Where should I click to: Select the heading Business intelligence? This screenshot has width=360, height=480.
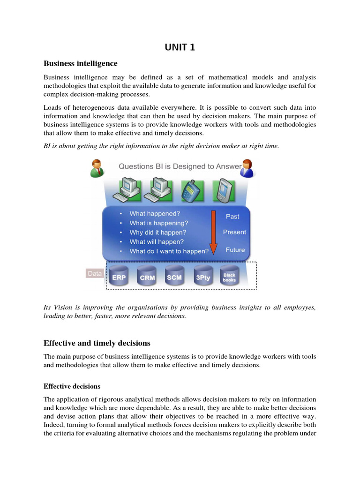click(80, 63)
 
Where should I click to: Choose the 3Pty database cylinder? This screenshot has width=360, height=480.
click(203, 277)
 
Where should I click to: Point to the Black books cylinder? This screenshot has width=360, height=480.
click(229, 277)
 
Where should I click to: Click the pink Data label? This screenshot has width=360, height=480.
click(95, 273)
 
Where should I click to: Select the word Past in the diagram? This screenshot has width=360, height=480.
click(232, 217)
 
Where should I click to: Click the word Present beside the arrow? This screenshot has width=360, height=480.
click(234, 232)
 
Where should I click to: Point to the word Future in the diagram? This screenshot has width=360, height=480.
click(235, 250)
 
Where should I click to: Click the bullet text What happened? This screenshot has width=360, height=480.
click(155, 214)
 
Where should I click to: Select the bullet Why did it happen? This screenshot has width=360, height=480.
click(158, 232)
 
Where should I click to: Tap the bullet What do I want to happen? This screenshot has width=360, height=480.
click(169, 251)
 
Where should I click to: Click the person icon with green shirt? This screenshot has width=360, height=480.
click(97, 169)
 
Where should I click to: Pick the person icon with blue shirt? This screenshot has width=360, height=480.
click(247, 169)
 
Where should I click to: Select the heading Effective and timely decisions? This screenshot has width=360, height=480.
click(97, 343)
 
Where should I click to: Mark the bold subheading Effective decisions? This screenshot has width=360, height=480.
click(72, 386)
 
